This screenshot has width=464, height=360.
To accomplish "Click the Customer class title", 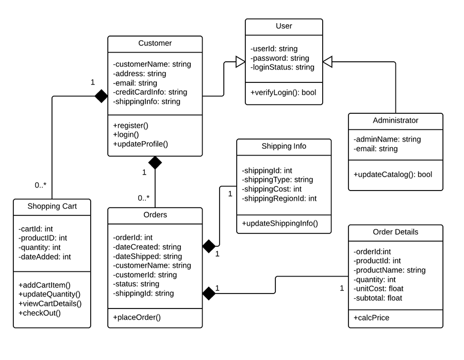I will (x=155, y=43).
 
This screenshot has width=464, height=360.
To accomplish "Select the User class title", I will (x=284, y=26).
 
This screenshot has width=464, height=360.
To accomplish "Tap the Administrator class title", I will (x=395, y=121).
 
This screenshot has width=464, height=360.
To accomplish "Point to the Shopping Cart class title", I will (x=52, y=207).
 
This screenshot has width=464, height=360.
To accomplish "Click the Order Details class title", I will (x=395, y=232).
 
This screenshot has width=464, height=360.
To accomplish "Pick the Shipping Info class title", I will (x=284, y=146).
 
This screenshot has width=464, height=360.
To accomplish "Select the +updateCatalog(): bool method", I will (x=392, y=174).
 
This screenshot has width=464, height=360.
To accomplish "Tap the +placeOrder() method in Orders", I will (x=137, y=317).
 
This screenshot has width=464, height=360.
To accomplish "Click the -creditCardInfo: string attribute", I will (x=150, y=92).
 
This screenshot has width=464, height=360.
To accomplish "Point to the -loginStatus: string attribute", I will (x=282, y=67).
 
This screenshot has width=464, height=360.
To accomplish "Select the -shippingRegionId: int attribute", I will (x=279, y=198).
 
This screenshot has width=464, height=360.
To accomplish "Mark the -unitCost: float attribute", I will (x=378, y=288).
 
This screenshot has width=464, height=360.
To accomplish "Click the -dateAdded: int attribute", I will (x=44, y=256).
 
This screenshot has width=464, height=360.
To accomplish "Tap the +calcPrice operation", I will (x=371, y=318).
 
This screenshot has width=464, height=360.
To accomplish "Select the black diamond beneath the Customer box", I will (x=155, y=163).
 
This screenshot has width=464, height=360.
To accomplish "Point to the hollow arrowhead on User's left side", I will (x=239, y=62).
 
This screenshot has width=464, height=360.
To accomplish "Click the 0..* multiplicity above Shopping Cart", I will (x=41, y=184).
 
